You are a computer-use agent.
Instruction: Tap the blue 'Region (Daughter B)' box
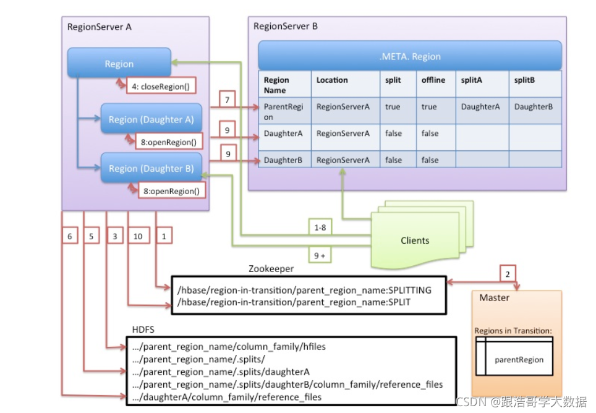tap(151, 168)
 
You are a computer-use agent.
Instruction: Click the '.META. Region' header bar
tap(410, 56)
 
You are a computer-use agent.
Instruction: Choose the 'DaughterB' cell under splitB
tap(533, 106)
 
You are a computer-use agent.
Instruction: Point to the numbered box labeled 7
tap(228, 99)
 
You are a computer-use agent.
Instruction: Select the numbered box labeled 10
tap(137, 236)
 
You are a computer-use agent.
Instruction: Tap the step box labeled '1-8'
tap(320, 227)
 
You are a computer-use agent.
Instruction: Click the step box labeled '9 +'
tap(319, 255)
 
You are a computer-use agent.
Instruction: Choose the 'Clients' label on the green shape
tap(415, 240)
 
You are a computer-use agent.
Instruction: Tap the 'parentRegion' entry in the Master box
tap(519, 359)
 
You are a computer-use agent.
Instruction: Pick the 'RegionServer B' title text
tap(286, 27)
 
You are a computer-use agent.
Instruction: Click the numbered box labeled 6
tap(70, 236)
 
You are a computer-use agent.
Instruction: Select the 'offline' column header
tap(433, 80)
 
